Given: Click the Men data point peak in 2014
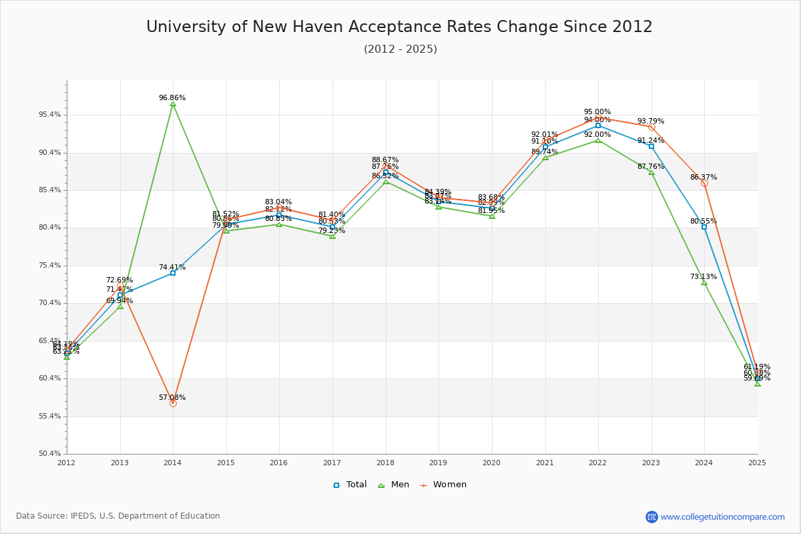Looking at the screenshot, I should pyautogui.click(x=173, y=104).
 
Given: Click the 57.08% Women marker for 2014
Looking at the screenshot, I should pyautogui.click(x=173, y=403).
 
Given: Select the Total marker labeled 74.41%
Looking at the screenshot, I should pyautogui.click(x=173, y=273).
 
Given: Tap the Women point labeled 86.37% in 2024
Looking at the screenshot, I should pyautogui.click(x=704, y=183).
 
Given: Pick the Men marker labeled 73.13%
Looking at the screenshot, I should pyautogui.click(x=704, y=282).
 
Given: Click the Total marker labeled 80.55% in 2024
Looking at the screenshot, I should pyautogui.click(x=704, y=227).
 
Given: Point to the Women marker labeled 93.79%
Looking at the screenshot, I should pyautogui.click(x=651, y=127).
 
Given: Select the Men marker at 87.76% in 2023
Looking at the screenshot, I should pyautogui.click(x=651, y=172).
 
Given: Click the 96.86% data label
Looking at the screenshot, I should pyautogui.click(x=172, y=97).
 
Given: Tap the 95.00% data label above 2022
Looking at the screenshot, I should pyautogui.click(x=597, y=111).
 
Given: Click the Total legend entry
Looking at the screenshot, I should pyautogui.click(x=350, y=485).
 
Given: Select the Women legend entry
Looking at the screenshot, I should pyautogui.click(x=443, y=485).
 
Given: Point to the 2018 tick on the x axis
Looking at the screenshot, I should pyautogui.click(x=386, y=462).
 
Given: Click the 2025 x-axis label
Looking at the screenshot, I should pyautogui.click(x=757, y=462).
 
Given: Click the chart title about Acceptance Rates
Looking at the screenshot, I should pyautogui.click(x=399, y=27).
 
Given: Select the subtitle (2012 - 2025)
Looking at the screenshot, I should pyautogui.click(x=400, y=49).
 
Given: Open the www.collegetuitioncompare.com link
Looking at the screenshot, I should pyautogui.click(x=722, y=517).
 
